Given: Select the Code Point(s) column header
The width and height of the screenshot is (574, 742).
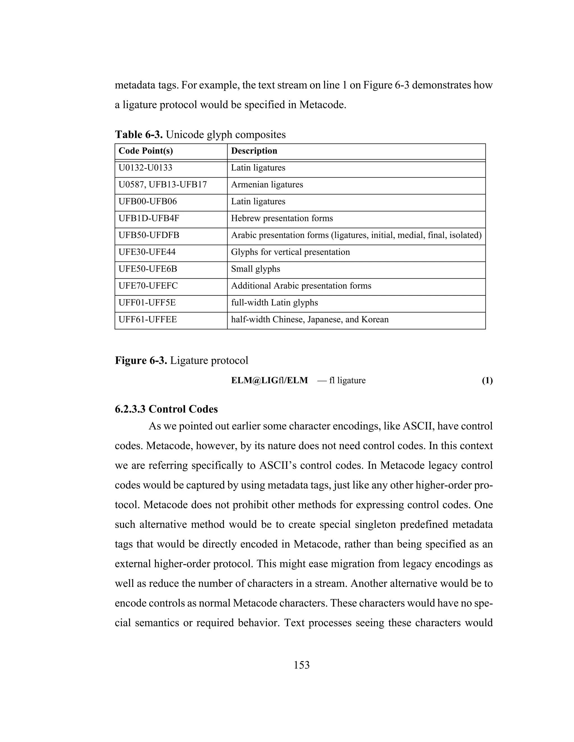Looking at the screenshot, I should [145, 151].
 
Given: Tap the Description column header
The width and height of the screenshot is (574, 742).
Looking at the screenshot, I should [254, 151].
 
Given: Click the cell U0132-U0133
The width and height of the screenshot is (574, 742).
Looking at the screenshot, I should [145, 168].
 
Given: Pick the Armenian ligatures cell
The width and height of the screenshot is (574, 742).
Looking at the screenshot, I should [267, 185].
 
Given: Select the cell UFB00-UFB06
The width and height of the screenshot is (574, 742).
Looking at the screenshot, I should [148, 202].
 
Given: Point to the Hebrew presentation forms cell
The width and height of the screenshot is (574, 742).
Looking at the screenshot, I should [282, 218].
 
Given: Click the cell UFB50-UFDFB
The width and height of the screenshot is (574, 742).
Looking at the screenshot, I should [149, 235].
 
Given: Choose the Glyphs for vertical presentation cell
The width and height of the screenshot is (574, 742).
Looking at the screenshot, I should [290, 252].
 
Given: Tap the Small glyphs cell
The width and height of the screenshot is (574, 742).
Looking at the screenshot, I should [256, 269].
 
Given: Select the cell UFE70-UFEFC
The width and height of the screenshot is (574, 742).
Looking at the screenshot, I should [148, 286].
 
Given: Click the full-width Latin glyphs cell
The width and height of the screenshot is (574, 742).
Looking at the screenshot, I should [274, 303].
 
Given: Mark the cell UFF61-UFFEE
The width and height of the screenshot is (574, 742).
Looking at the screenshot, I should [148, 320].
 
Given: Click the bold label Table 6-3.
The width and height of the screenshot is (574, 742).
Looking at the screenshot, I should [139, 134].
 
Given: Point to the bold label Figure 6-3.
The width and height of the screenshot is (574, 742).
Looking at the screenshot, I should [141, 360].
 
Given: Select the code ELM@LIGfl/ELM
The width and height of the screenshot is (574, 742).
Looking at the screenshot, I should [269, 381].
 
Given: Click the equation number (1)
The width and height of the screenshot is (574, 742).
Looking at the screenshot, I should [487, 381].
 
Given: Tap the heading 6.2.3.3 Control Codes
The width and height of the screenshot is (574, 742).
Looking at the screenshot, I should [166, 409].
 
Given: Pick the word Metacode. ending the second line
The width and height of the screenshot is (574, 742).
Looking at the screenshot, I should [323, 105].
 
